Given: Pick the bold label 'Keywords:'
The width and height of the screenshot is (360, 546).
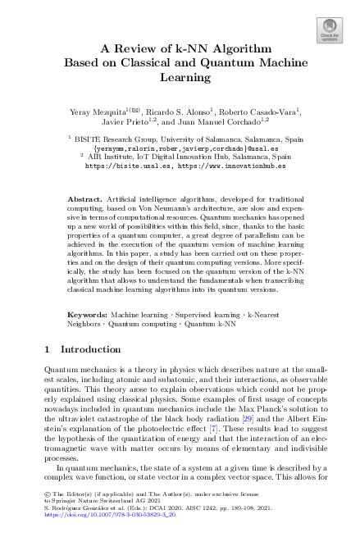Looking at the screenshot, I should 88,315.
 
